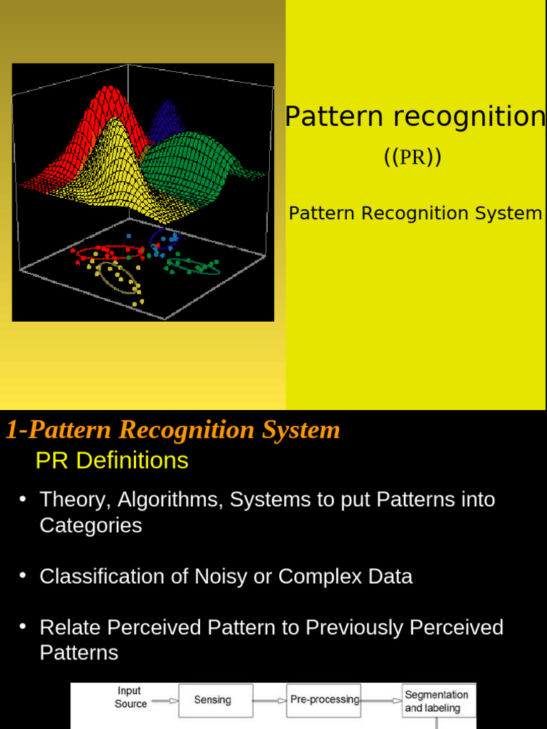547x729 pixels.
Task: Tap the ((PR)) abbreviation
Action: [x=412, y=157]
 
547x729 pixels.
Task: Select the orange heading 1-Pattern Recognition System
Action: [x=173, y=430]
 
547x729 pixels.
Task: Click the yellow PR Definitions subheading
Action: [x=112, y=461]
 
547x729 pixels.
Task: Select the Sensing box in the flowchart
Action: [x=212, y=700]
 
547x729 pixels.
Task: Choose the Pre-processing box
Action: [x=325, y=700]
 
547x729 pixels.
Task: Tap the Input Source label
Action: [x=130, y=697]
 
